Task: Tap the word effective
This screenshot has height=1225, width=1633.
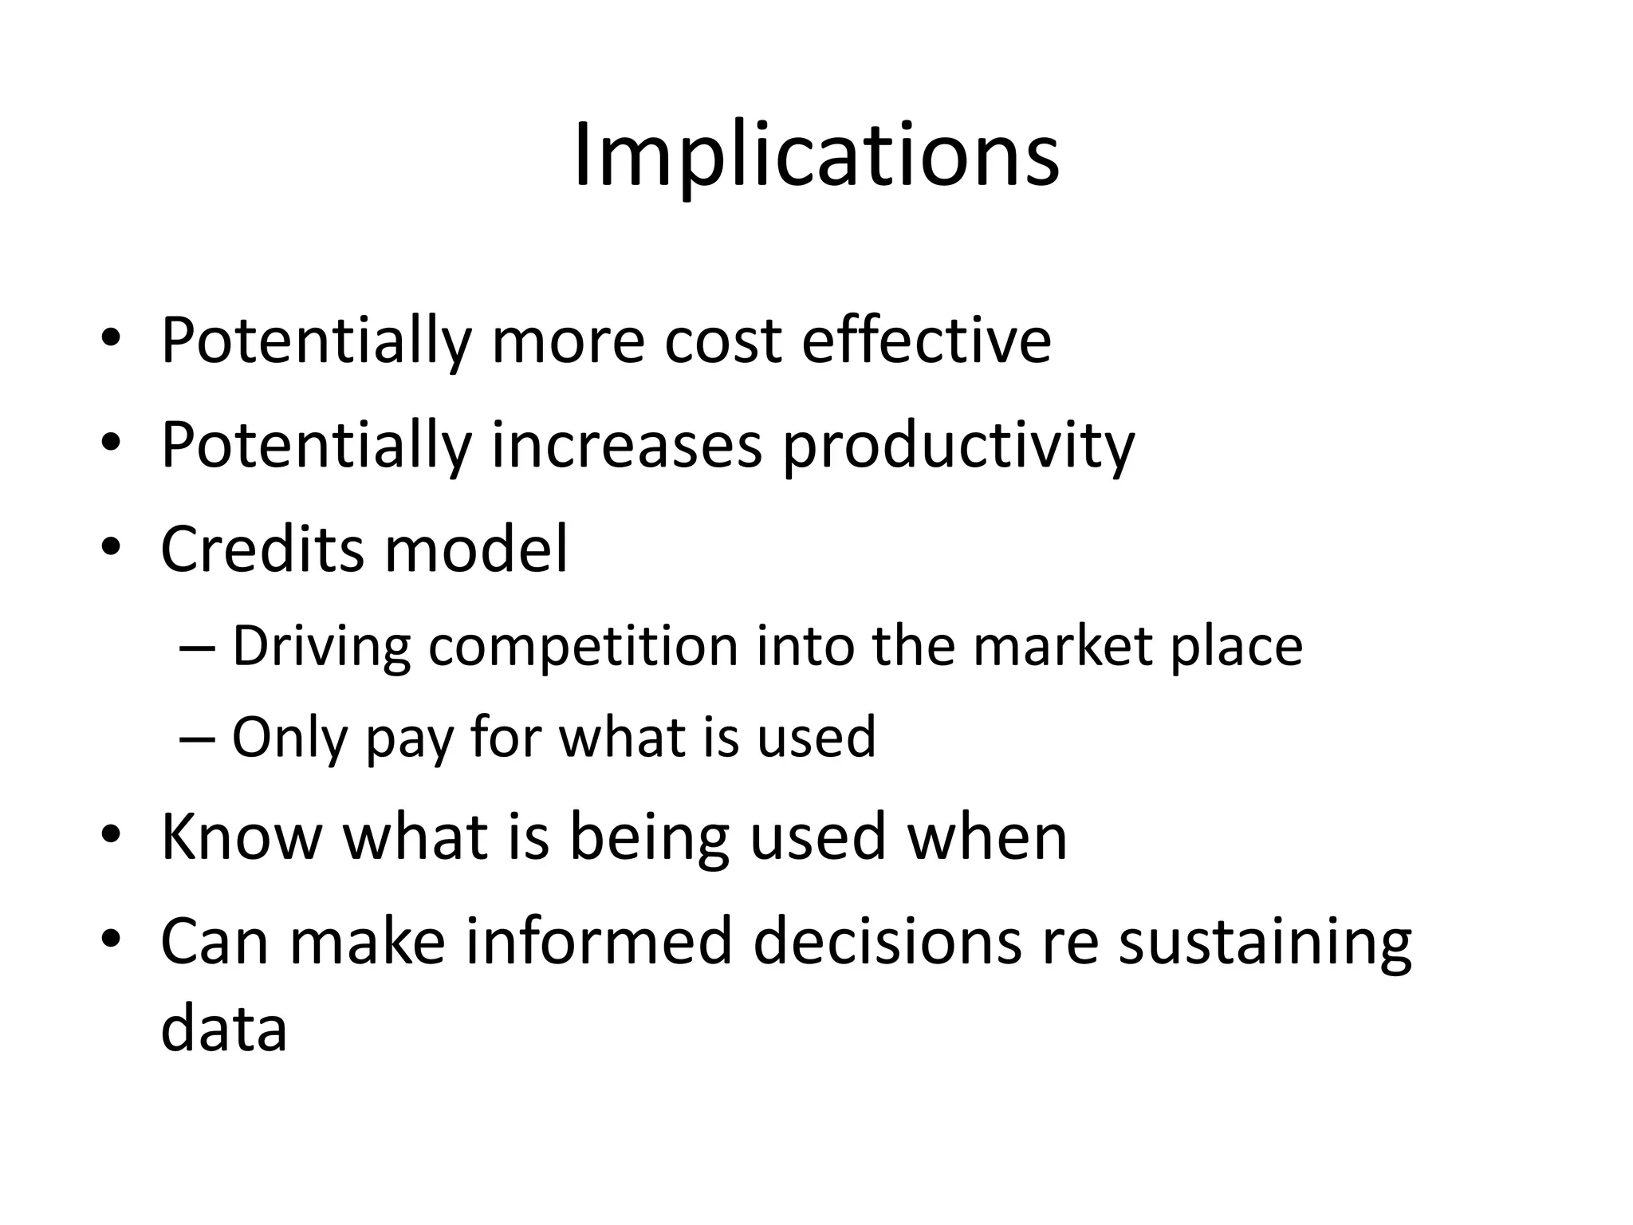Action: pos(926,341)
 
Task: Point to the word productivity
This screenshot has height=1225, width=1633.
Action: pos(958,447)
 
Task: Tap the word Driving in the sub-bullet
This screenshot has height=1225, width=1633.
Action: pos(321,646)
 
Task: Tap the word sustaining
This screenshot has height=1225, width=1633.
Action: pos(1265,943)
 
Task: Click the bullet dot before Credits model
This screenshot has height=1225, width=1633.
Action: pos(110,548)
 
